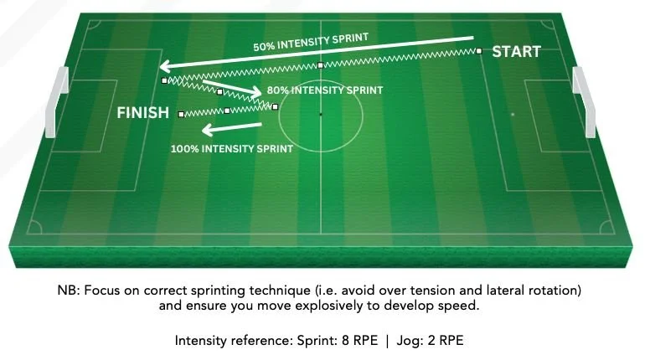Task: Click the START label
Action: (x=516, y=52)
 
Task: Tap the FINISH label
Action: (x=143, y=112)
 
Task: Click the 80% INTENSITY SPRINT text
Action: (x=324, y=90)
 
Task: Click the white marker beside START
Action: (x=480, y=51)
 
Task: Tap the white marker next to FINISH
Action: (x=180, y=115)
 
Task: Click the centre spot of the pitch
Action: (x=320, y=113)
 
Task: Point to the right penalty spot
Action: (x=513, y=114)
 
